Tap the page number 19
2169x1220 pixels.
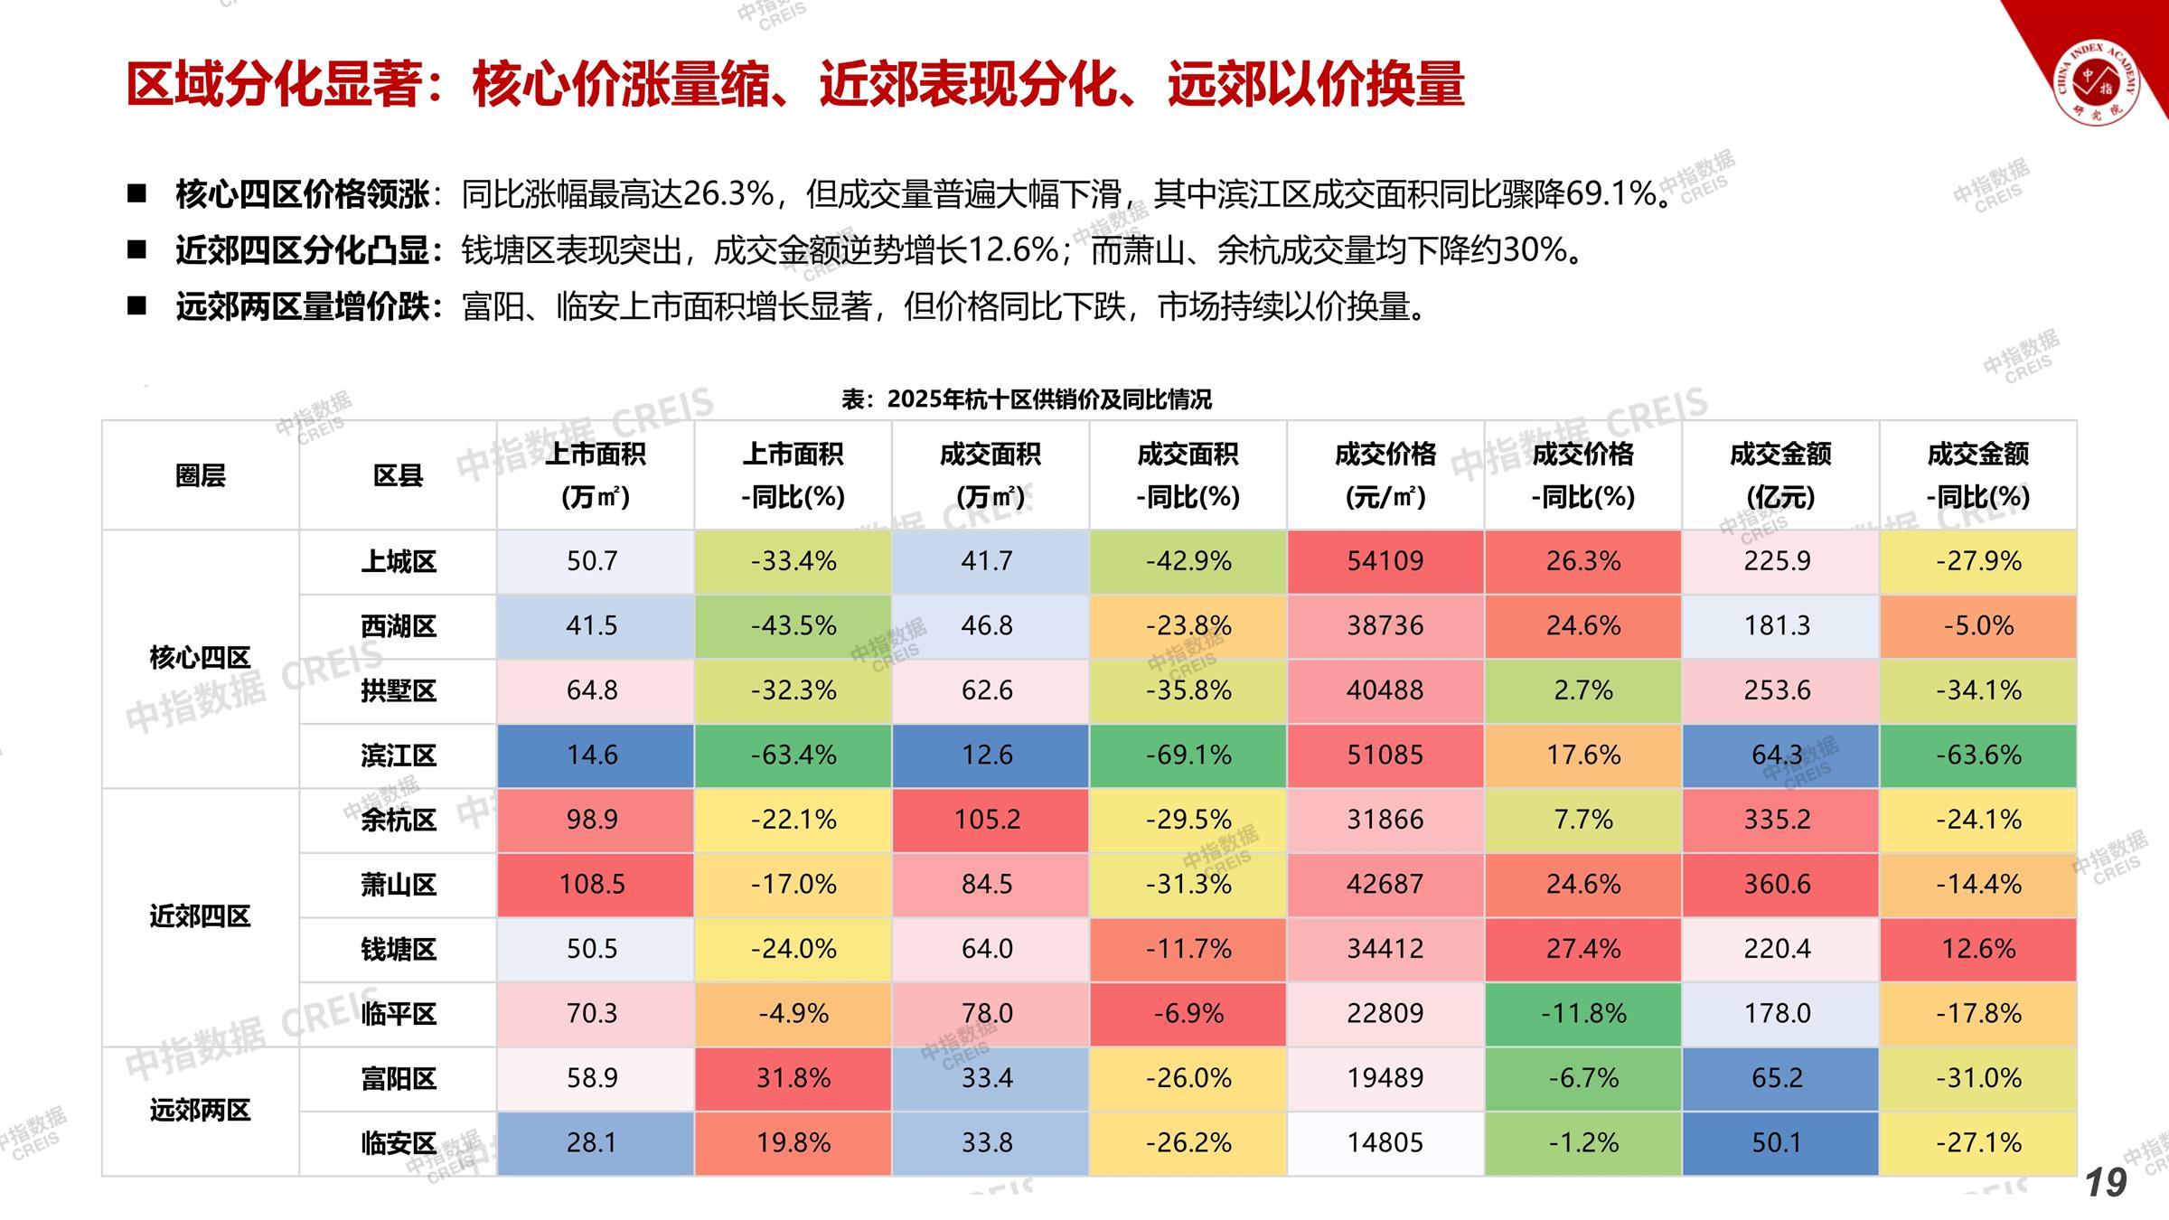coord(2106,1182)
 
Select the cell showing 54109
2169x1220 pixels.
coord(1385,561)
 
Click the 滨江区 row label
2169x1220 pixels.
coord(398,755)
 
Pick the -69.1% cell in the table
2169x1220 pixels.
coord(1188,755)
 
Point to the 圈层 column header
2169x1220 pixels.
coord(200,475)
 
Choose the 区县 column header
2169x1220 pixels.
coord(398,475)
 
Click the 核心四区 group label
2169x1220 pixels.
coord(200,658)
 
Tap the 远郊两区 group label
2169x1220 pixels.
coord(200,1111)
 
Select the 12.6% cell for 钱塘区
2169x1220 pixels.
coord(1977,949)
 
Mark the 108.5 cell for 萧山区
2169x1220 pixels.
coord(593,885)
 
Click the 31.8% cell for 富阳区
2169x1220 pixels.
coord(793,1078)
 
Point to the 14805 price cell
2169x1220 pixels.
coord(1385,1143)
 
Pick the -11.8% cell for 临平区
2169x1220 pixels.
coord(1582,1014)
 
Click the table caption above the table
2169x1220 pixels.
coord(1026,399)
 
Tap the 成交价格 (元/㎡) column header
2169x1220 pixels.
coord(1385,475)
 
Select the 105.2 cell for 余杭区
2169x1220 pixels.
coord(988,820)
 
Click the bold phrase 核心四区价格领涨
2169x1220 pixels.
coord(303,194)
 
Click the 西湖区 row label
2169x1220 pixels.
coord(398,626)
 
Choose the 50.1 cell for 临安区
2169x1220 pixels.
coord(1777,1143)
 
